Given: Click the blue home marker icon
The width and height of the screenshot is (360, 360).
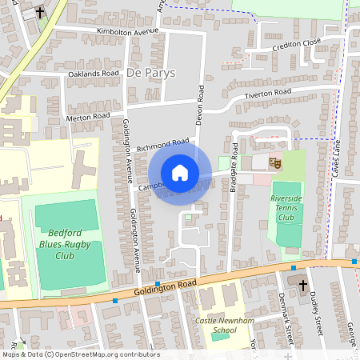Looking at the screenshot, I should pos(179,173).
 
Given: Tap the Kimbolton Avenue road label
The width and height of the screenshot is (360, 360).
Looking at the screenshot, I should pos(127,30).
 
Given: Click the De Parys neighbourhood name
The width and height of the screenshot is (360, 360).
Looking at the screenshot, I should pos(150,73).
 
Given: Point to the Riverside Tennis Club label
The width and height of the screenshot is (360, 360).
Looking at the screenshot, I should pos(287,207).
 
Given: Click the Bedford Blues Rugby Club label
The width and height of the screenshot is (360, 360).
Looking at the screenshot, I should pos(66,242).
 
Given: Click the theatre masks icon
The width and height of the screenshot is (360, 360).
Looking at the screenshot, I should pos(275,162).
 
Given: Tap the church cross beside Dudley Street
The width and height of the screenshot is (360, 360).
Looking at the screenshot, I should pos(302,284).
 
